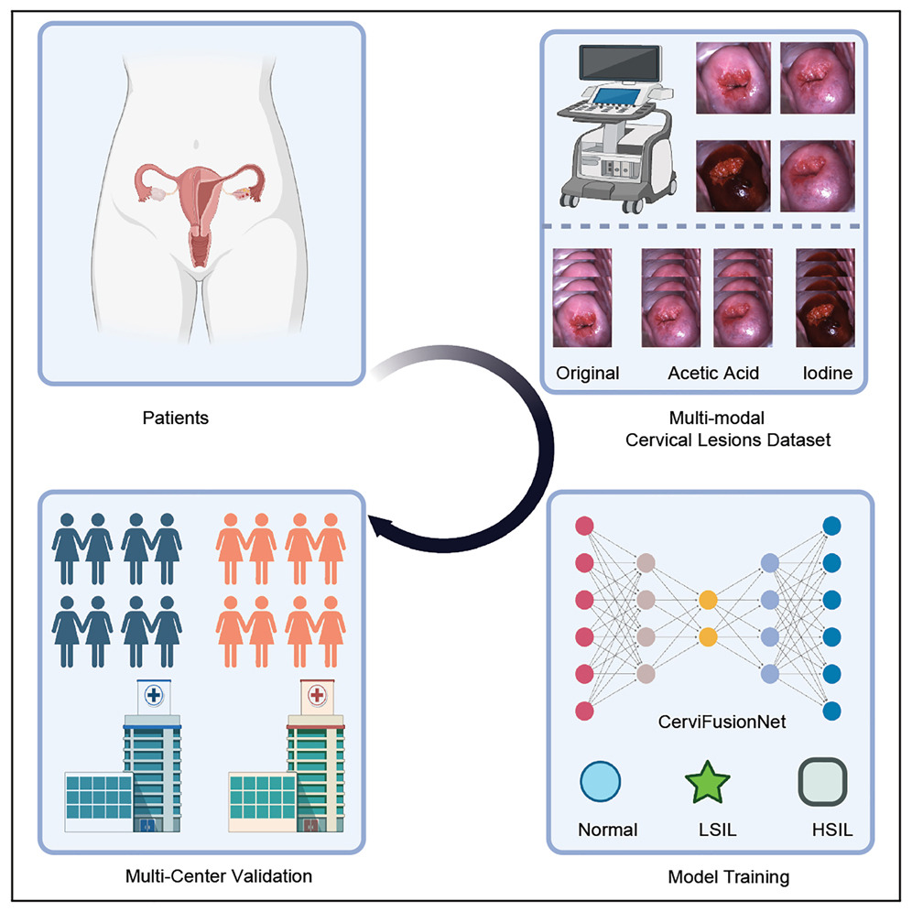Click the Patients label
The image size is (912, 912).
(176, 418)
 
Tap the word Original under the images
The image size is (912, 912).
(588, 374)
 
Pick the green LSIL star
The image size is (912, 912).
(708, 783)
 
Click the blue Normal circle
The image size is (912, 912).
(601, 783)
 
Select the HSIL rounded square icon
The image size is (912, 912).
(820, 783)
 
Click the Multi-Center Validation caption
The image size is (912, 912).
(219, 876)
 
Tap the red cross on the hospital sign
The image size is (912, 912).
(317, 695)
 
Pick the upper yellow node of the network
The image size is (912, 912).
(708, 601)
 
